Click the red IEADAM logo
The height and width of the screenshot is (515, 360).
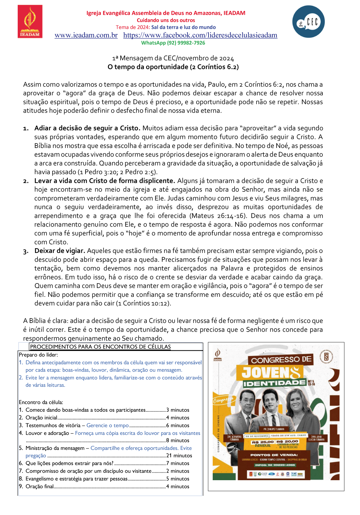click(30, 21)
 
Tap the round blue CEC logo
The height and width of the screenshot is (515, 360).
click(308, 22)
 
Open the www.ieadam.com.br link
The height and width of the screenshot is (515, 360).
click(86, 35)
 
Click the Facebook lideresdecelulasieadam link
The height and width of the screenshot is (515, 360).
click(200, 35)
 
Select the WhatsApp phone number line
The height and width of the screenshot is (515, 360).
click(173, 43)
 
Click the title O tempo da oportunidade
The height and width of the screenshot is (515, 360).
click(173, 67)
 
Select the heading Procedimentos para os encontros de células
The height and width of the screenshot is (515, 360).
click(100, 347)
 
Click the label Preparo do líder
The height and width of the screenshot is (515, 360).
click(38, 355)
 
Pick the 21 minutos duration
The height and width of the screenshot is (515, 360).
click(179, 456)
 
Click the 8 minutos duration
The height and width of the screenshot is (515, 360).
click(178, 441)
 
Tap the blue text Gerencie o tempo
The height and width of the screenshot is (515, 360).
click(107, 426)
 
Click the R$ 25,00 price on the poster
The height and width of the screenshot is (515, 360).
click(263, 442)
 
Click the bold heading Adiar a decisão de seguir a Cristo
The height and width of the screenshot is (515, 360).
click(87, 128)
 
